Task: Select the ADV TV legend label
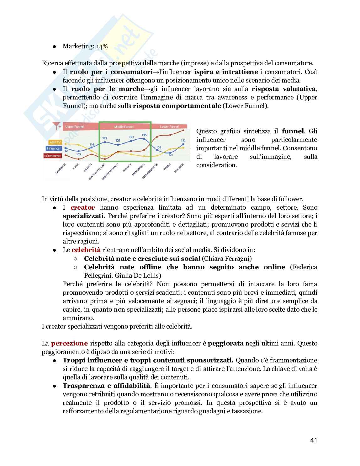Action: (53, 142)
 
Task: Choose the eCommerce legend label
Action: (53, 155)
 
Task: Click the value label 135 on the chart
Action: (144, 135)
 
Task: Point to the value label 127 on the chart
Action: (105, 138)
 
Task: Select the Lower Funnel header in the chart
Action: (169, 127)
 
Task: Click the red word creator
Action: (83, 207)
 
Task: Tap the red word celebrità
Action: (86, 250)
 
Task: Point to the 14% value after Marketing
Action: (102, 46)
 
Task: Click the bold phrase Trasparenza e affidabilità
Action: (106, 385)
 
